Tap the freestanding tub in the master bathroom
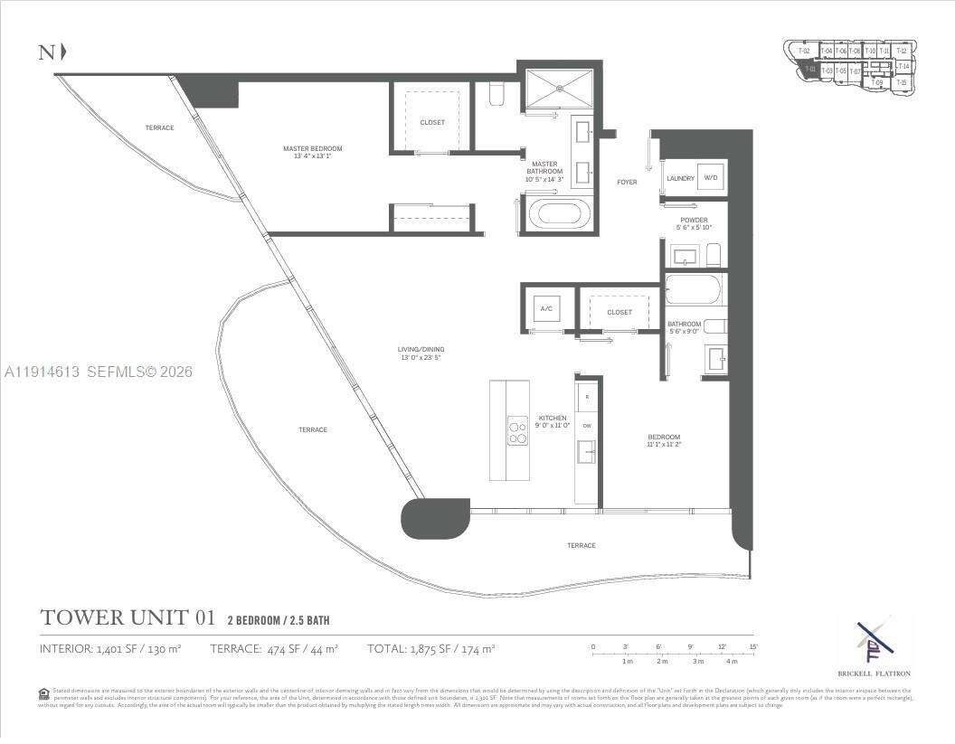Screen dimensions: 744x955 click(x=557, y=215)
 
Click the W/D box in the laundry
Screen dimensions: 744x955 click(x=711, y=178)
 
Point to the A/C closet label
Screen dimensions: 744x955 click(x=546, y=309)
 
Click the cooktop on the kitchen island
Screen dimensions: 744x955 click(x=517, y=430)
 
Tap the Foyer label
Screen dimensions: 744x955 click(x=627, y=182)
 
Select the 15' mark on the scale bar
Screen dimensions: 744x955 click(x=752, y=646)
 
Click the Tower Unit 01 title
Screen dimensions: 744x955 click(x=128, y=618)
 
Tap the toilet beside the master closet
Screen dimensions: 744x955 click(x=496, y=95)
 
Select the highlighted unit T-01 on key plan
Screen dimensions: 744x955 click(x=809, y=70)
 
